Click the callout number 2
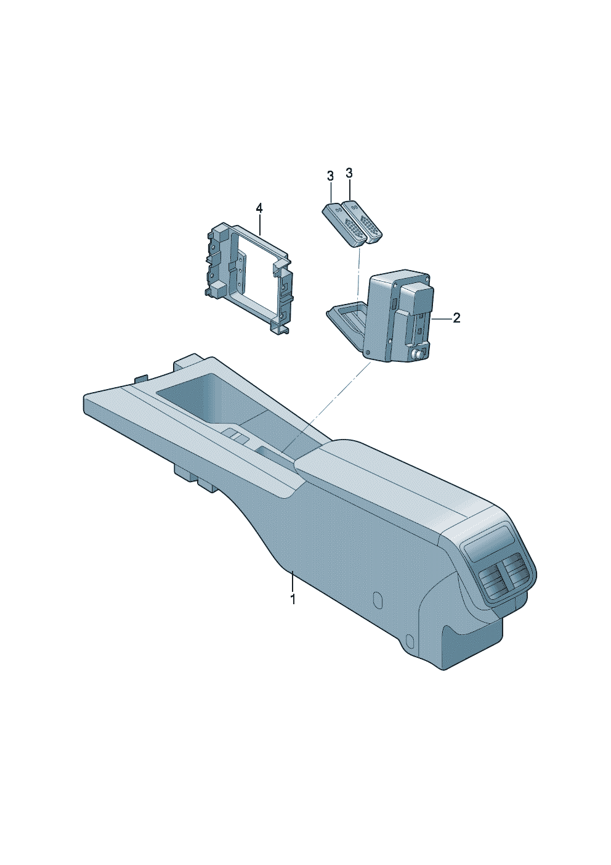click(x=456, y=319)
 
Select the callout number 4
click(x=259, y=209)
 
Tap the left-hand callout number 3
click(x=330, y=176)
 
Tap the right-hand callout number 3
click(x=349, y=173)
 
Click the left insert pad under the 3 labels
click(x=344, y=223)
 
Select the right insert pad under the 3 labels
click(x=363, y=222)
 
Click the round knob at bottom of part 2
click(x=418, y=353)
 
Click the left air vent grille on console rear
click(x=488, y=589)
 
